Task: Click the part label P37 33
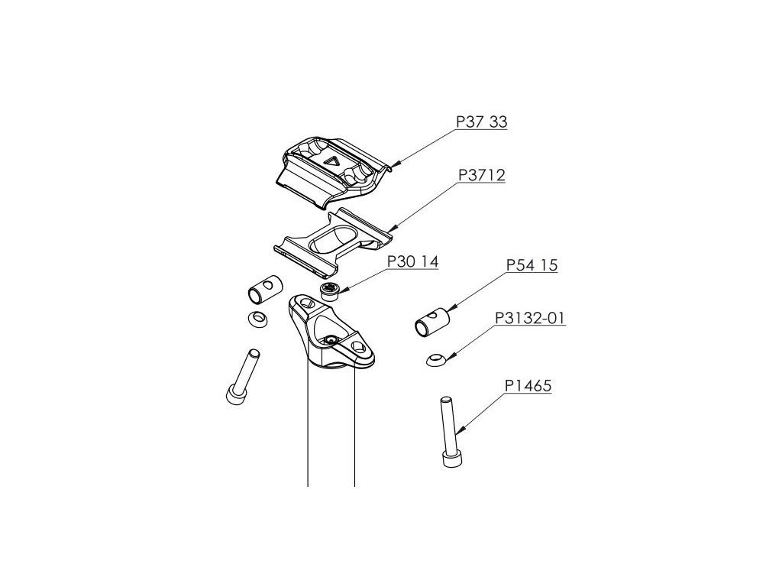click(x=482, y=122)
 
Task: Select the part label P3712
click(x=481, y=176)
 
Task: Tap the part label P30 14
click(x=412, y=261)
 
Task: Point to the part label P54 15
click(x=532, y=266)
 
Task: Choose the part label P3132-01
click(x=531, y=318)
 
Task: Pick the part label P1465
click(x=528, y=388)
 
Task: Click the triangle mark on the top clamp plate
click(x=331, y=161)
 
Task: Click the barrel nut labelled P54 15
click(x=432, y=322)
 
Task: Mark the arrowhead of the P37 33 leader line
click(x=393, y=165)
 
